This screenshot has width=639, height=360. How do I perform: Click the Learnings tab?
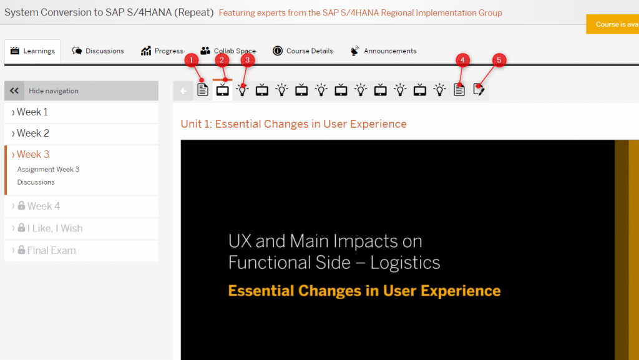[32, 51]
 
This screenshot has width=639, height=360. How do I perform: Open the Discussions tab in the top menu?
[98, 51]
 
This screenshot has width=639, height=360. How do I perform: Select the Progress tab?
[162, 51]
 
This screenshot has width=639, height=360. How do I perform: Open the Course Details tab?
[303, 51]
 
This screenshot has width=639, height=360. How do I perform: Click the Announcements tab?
[383, 51]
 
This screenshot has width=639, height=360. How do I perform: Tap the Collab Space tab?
[228, 51]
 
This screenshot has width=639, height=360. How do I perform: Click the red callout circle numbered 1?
[191, 61]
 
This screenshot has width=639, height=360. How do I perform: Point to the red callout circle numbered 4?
[462, 61]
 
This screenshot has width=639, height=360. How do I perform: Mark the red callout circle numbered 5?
[499, 61]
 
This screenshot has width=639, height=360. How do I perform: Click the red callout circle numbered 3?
[247, 61]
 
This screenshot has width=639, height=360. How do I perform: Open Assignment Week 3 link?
[48, 169]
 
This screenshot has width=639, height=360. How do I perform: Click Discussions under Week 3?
[36, 182]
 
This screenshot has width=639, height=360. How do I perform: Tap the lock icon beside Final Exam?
[21, 250]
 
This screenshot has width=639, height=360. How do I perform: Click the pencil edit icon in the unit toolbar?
[479, 90]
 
